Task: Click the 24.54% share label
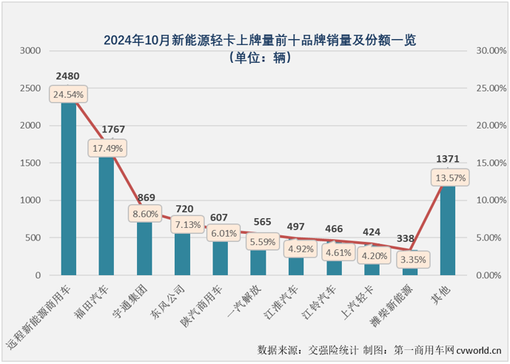(68, 95)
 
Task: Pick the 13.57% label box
(449, 178)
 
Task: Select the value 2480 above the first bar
(67, 76)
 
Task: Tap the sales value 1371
(448, 160)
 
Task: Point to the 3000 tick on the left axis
(30, 51)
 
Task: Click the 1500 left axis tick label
(30, 163)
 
